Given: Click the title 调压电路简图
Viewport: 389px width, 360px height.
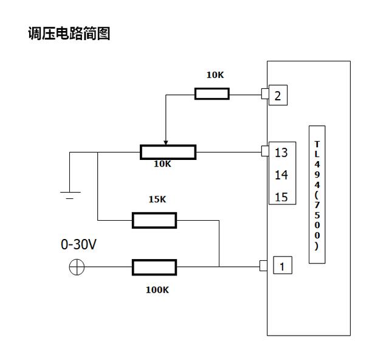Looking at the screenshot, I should click(x=69, y=33).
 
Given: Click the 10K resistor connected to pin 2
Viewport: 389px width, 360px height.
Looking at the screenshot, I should click(x=212, y=94).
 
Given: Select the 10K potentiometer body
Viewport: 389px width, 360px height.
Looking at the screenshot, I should click(x=168, y=152).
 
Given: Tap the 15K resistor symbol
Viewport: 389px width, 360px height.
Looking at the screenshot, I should click(x=154, y=220).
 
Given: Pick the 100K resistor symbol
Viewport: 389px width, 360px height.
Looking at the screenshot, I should click(x=154, y=267).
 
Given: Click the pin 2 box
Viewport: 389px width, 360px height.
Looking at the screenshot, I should click(x=277, y=95).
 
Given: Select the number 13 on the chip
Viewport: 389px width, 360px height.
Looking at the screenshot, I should click(x=281, y=153).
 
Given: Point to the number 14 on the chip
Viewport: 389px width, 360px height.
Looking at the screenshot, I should click(x=281, y=175).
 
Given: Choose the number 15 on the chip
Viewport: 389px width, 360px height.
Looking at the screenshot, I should click(x=281, y=197).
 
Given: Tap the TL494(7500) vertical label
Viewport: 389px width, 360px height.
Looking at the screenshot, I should click(x=317, y=194).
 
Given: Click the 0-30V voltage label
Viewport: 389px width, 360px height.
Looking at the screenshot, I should click(x=78, y=245).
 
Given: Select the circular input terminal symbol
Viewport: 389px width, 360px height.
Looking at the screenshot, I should click(x=77, y=267).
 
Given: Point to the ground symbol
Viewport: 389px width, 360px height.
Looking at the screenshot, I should click(x=70, y=195).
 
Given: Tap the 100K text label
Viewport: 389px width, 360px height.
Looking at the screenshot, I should click(x=157, y=289).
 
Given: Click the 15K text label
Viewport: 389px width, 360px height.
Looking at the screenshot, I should click(x=157, y=199).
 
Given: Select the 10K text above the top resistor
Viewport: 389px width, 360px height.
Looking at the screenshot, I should click(x=215, y=75).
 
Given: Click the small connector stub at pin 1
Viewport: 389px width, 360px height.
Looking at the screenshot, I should click(x=263, y=266).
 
